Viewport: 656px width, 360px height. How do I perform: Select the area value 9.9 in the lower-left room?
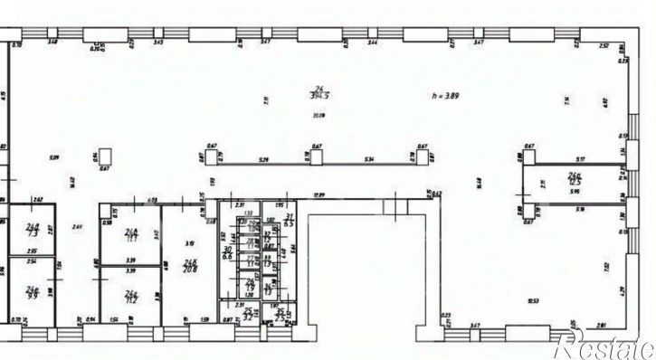pyautogui.click(x=33, y=295)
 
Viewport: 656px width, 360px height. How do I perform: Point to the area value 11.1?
pyautogui.click(x=130, y=237)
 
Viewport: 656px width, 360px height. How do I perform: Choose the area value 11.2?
pyautogui.click(x=130, y=298)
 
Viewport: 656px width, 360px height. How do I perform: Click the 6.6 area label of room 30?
pyautogui.click(x=228, y=256)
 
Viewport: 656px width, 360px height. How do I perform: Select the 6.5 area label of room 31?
pyautogui.click(x=290, y=223)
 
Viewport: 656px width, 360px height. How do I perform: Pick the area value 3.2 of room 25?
pyautogui.click(x=248, y=317)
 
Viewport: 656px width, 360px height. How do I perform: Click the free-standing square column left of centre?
pyautogui.click(x=106, y=156)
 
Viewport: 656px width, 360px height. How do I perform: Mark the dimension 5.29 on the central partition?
pyautogui.click(x=264, y=160)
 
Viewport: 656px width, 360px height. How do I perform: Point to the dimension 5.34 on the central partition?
pyautogui.click(x=369, y=160)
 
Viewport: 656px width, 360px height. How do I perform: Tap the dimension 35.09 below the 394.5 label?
pyautogui.click(x=318, y=115)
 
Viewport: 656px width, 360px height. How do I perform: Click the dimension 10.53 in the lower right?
pyautogui.click(x=535, y=301)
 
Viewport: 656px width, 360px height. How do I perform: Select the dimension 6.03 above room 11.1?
pyautogui.click(x=152, y=200)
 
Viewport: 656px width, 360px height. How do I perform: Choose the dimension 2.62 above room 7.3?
pyautogui.click(x=38, y=199)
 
